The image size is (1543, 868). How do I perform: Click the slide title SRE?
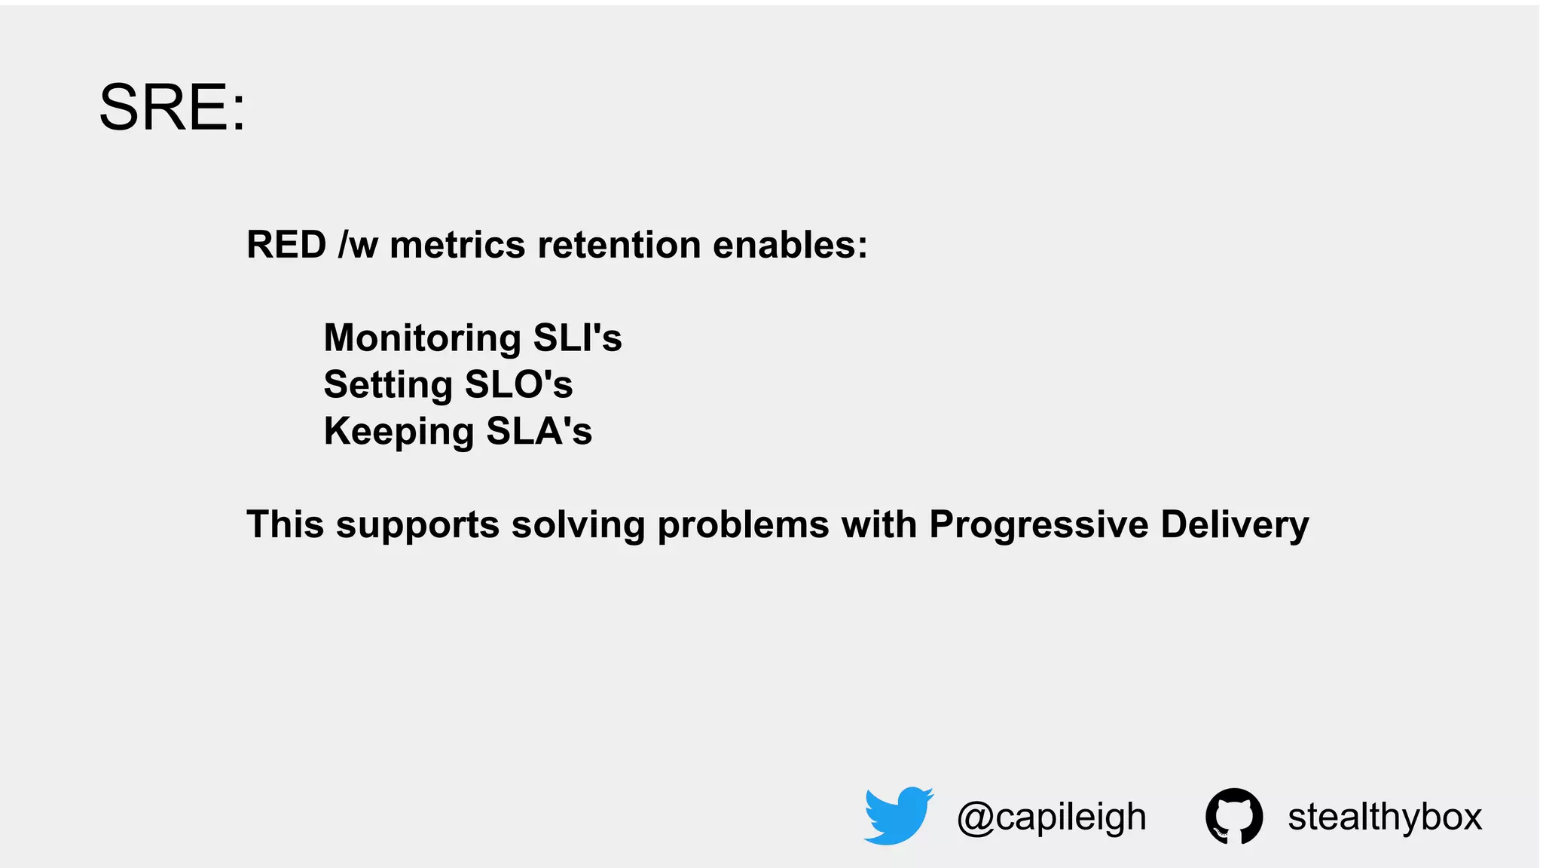[x=172, y=108]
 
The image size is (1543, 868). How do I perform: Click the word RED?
[x=286, y=245]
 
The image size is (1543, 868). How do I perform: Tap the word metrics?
[x=457, y=245]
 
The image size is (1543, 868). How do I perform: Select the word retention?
[x=619, y=245]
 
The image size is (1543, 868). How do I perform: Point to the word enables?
[x=790, y=245]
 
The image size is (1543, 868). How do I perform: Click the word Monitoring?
[x=422, y=339]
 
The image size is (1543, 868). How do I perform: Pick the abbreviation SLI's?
[x=577, y=338]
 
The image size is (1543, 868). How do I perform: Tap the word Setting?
[x=387, y=386]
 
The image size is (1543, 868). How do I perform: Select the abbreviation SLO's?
[x=518, y=384]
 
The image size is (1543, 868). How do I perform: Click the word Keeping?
[x=399, y=432]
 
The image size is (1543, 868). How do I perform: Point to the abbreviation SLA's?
[x=539, y=431]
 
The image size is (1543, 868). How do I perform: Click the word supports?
[x=417, y=525]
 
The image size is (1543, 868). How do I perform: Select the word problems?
[x=743, y=524]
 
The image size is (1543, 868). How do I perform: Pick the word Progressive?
[x=1038, y=525]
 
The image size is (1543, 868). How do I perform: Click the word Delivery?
[x=1234, y=524]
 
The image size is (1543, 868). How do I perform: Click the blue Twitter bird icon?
[x=898, y=815]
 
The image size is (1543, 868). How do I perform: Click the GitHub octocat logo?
[x=1233, y=816]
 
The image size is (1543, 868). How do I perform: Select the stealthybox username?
[x=1385, y=817]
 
